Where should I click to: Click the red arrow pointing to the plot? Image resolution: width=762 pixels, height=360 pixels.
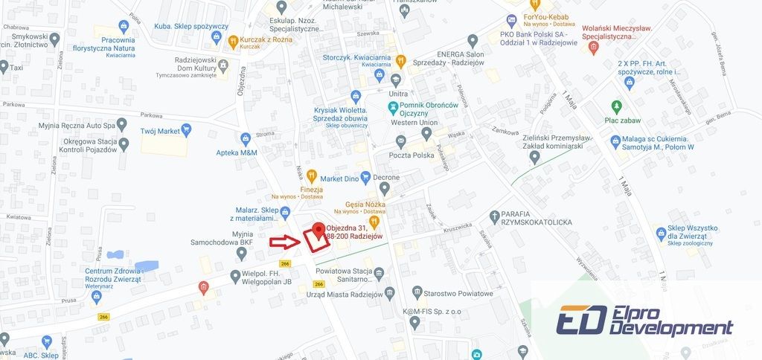(284, 241)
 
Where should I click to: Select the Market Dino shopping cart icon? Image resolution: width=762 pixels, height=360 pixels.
(313, 179)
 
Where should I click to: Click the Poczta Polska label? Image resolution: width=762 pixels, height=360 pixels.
(412, 155)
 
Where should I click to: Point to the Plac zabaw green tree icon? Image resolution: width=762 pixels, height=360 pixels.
(615, 106)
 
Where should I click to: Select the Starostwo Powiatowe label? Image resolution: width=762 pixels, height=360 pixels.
(463, 293)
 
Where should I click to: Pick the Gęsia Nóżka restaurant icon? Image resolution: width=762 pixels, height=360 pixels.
(374, 221)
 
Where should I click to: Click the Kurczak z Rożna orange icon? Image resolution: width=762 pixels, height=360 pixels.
(233, 41)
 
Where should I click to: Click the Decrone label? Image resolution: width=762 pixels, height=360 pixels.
(386, 177)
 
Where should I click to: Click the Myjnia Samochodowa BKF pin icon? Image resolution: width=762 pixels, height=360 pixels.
(240, 254)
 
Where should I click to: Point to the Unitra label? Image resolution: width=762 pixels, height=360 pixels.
(398, 94)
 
